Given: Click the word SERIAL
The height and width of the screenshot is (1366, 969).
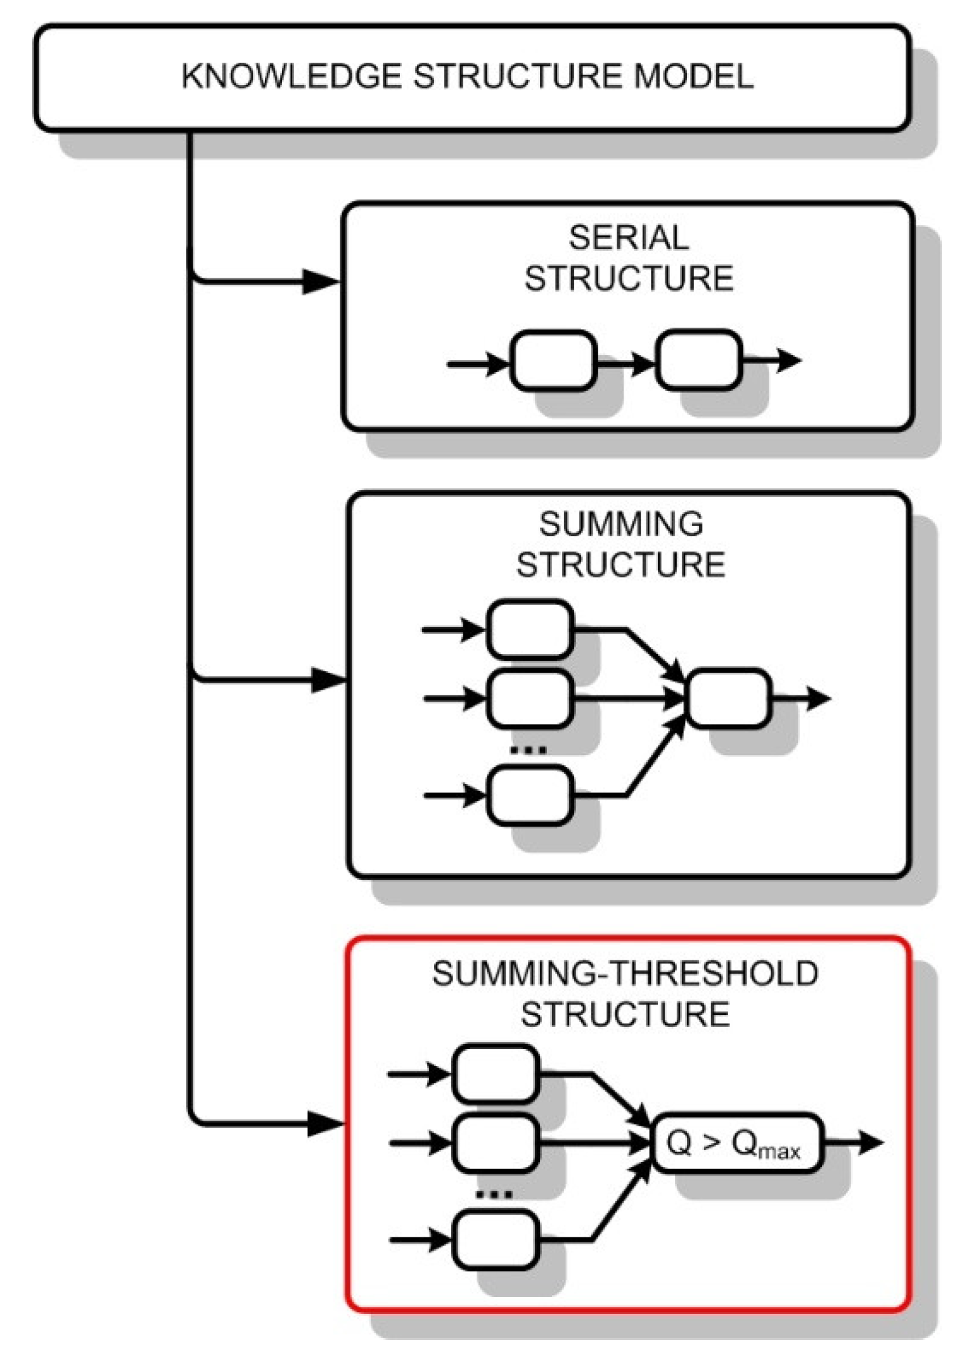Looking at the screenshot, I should pyautogui.click(x=628, y=238).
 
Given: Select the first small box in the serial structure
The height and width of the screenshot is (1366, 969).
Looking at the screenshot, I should pyautogui.click(x=553, y=359).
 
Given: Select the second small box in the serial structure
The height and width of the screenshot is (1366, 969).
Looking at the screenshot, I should pyautogui.click(x=698, y=359).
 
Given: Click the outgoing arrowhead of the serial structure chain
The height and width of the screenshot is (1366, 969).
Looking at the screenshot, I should pyautogui.click(x=788, y=359).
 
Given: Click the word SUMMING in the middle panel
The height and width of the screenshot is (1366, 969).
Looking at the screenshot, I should pyautogui.click(x=621, y=524).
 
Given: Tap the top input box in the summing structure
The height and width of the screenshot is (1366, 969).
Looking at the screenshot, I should pyautogui.click(x=530, y=629).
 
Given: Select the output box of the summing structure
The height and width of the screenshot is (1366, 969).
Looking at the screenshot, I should pyautogui.click(x=729, y=698).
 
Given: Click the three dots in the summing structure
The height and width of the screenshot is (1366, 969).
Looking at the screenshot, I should pyautogui.click(x=528, y=751).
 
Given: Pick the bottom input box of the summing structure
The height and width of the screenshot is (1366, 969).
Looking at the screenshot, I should pyautogui.click(x=530, y=795).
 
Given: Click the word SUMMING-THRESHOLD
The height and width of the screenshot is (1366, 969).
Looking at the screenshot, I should pyautogui.click(x=625, y=974).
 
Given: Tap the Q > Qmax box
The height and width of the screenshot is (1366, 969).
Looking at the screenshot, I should pyautogui.click(x=737, y=1142).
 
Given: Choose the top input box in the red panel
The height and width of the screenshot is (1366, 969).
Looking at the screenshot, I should pyautogui.click(x=495, y=1074).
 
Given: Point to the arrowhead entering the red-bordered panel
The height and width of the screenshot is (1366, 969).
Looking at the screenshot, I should pyautogui.click(x=324, y=1124).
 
